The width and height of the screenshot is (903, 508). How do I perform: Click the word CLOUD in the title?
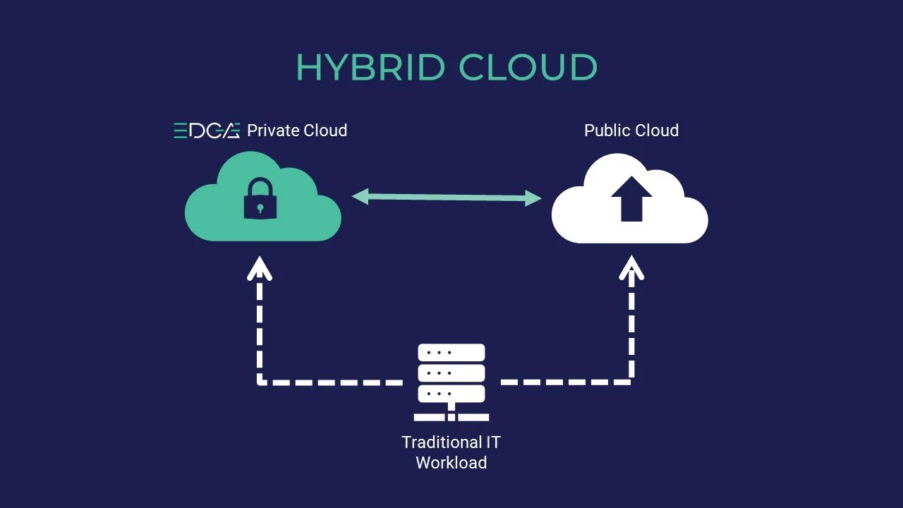point(528,67)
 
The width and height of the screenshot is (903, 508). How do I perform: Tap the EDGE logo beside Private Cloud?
point(207,131)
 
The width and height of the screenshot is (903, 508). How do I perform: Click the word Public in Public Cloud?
point(606,131)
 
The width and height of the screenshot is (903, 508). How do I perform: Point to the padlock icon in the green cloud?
point(260,198)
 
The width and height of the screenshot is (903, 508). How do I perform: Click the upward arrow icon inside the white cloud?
point(631,198)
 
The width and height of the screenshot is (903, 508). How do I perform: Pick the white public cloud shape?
point(677,219)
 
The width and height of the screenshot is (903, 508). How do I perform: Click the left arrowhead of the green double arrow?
point(360,196)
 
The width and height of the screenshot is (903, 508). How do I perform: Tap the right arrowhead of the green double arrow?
point(533,199)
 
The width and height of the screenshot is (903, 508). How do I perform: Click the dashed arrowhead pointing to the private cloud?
point(260,268)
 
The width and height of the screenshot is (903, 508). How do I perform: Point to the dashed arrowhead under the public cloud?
point(631,268)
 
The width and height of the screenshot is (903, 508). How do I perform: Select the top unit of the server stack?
point(451,352)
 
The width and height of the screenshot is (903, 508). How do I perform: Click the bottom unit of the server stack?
point(451,393)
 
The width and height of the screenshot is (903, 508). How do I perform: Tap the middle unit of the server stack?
point(451,373)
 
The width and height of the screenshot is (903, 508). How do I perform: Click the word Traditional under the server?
point(432,442)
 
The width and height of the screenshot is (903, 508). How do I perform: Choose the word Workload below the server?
point(451,463)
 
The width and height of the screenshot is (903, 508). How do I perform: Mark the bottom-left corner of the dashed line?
point(261,382)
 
